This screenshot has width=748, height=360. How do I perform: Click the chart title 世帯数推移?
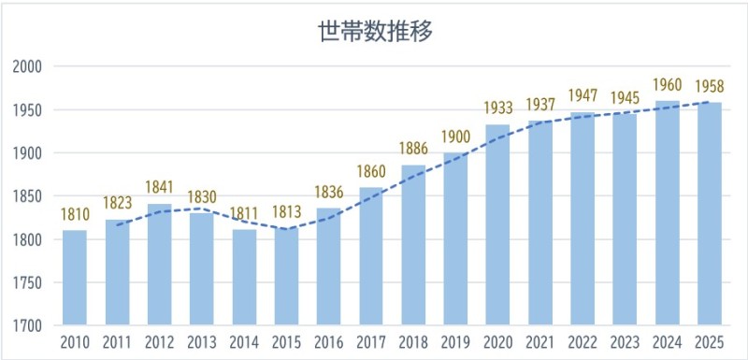pyautogui.click(x=374, y=31)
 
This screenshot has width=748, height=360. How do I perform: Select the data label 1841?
pyautogui.click(x=160, y=188)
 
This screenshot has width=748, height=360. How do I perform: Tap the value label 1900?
pyautogui.click(x=455, y=137)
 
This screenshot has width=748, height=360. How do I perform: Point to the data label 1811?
pyautogui.click(x=244, y=214)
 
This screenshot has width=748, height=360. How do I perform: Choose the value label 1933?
pyautogui.click(x=497, y=108)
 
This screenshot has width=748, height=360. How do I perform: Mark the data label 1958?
pyautogui.click(x=710, y=87)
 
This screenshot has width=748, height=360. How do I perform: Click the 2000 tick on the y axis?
pyautogui.click(x=30, y=66)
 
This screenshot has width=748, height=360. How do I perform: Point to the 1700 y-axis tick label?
pyautogui.click(x=30, y=325)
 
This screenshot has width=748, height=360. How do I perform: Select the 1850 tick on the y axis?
pyautogui.click(x=30, y=196)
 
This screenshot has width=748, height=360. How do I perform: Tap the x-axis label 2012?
pyautogui.click(x=160, y=343)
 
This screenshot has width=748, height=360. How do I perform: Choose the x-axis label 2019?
pyautogui.click(x=455, y=343)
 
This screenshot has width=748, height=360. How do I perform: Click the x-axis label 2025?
pyautogui.click(x=710, y=343)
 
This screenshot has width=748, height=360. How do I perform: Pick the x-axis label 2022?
pyautogui.click(x=583, y=343)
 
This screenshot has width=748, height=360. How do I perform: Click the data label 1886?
pyautogui.click(x=413, y=149)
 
